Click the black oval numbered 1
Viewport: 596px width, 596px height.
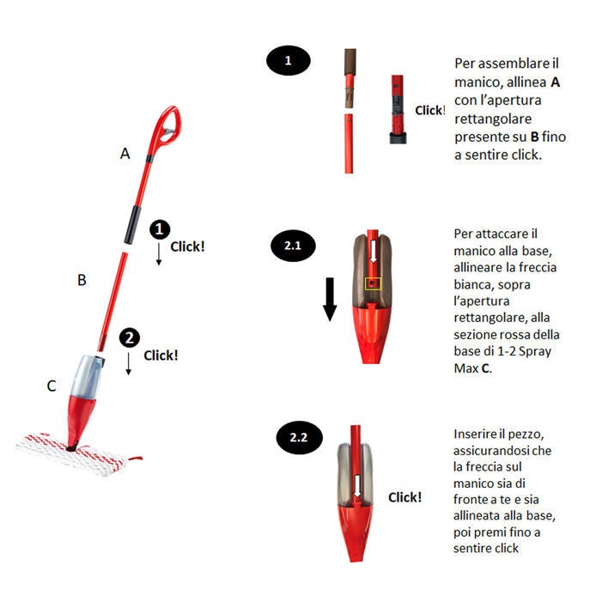288,61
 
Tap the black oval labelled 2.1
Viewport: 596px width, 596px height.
293,246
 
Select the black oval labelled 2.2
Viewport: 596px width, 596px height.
299,437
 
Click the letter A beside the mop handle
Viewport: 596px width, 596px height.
125,154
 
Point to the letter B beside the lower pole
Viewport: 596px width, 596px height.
82,280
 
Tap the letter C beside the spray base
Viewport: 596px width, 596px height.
52,386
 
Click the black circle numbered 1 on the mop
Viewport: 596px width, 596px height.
160,228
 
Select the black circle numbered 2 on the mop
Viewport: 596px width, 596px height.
130,338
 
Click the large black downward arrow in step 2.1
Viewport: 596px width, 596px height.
330,300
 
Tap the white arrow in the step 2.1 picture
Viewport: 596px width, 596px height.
374,251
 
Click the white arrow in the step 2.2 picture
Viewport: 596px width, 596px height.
357,485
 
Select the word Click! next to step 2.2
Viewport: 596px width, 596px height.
404,497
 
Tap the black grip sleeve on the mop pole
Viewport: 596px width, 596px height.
132,225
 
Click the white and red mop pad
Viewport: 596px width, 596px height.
76,454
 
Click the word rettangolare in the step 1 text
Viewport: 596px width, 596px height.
493,119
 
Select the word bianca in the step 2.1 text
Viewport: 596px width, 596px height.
473,284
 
